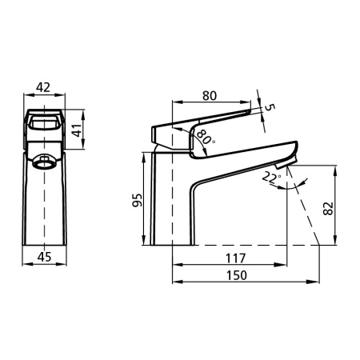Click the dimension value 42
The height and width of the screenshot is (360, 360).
point(43,87)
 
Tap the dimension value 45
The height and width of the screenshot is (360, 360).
point(44,257)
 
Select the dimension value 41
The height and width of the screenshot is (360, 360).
point(78,130)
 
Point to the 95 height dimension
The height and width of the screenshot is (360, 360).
point(138,200)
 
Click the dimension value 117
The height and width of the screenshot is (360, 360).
point(236,258)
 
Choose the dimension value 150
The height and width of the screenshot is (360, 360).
point(237,275)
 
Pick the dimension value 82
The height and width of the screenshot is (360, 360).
point(328,208)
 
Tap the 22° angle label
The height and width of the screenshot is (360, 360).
point(271,178)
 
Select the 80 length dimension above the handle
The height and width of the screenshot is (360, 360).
point(210,96)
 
